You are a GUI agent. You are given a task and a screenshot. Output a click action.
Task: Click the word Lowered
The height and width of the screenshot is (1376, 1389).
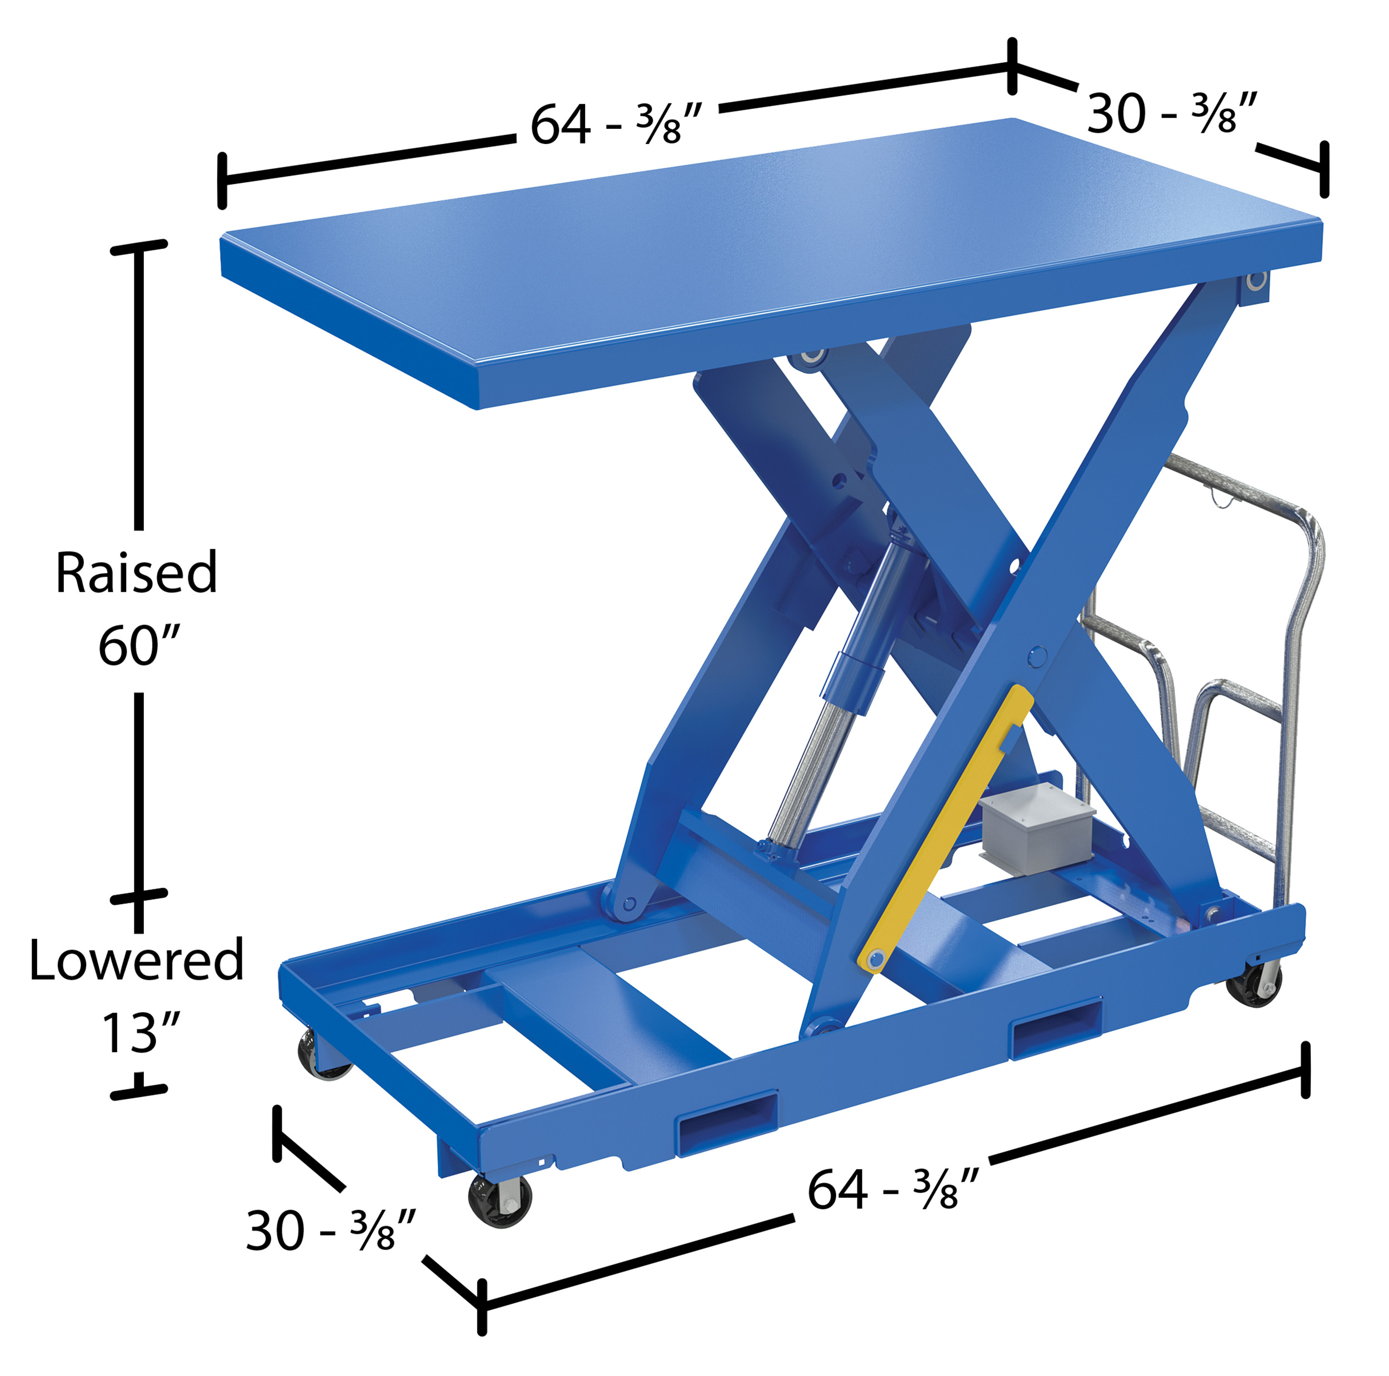tap(137, 960)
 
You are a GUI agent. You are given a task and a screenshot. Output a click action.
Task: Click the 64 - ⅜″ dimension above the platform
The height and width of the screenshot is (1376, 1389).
tap(616, 124)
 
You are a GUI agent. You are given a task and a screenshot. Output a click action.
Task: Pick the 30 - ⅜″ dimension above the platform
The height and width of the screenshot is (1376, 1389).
tap(1172, 113)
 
